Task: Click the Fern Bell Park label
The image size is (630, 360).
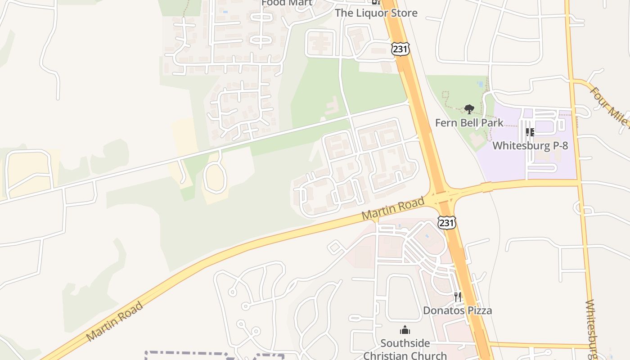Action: coord(469,122)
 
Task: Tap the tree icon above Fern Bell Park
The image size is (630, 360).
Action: coord(469,109)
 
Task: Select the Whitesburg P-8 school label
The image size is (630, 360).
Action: coord(530,145)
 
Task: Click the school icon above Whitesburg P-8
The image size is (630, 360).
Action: coord(530,132)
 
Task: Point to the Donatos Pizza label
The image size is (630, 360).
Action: coord(457,310)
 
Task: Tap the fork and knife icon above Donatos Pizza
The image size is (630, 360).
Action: coord(458,297)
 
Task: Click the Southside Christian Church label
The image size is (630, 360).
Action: coord(405,349)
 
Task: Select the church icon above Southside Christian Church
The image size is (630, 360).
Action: coord(405,330)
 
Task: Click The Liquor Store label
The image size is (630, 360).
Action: coord(376,13)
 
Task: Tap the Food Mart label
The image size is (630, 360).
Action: coord(287,3)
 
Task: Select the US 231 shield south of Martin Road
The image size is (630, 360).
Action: coord(446,222)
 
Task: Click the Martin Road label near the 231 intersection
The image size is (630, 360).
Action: coord(392,208)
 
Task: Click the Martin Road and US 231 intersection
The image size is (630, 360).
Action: coord(442,196)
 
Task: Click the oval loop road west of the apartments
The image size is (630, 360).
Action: coord(215,178)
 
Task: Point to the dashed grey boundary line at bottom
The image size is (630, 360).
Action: coord(211,353)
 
